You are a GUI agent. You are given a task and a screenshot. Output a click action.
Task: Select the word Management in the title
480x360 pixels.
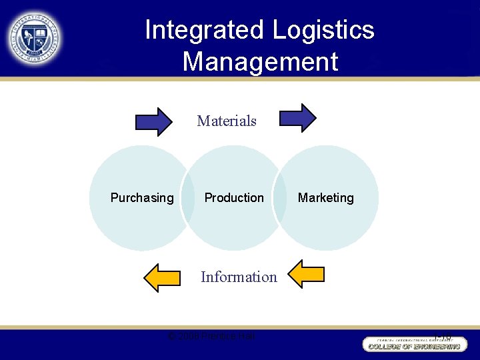[x=260, y=62]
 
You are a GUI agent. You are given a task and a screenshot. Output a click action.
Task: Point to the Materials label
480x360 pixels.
[x=227, y=121]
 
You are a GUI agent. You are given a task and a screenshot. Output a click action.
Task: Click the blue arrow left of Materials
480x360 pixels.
[x=153, y=121]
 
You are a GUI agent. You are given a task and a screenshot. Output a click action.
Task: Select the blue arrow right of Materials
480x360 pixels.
[x=297, y=118]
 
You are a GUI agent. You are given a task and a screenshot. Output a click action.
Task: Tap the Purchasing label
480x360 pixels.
[x=142, y=197]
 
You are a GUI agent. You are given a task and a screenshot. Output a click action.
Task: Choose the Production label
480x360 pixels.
[x=234, y=197]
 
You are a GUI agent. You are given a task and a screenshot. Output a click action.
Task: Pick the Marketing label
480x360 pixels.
[x=326, y=197]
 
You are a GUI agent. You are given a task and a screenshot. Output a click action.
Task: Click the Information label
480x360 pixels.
[x=239, y=277]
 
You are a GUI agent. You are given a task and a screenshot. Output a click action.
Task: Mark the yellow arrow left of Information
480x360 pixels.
[x=162, y=277]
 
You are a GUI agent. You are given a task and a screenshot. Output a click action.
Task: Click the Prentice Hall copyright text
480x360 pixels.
[x=211, y=335]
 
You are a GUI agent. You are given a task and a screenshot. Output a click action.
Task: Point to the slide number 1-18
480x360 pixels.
[x=442, y=337]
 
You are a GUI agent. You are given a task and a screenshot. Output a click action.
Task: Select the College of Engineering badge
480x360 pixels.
[x=411, y=344]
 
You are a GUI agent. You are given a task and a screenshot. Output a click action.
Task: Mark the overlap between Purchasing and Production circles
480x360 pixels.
[x=188, y=198]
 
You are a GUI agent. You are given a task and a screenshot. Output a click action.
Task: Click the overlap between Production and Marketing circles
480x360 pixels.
[x=279, y=198]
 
